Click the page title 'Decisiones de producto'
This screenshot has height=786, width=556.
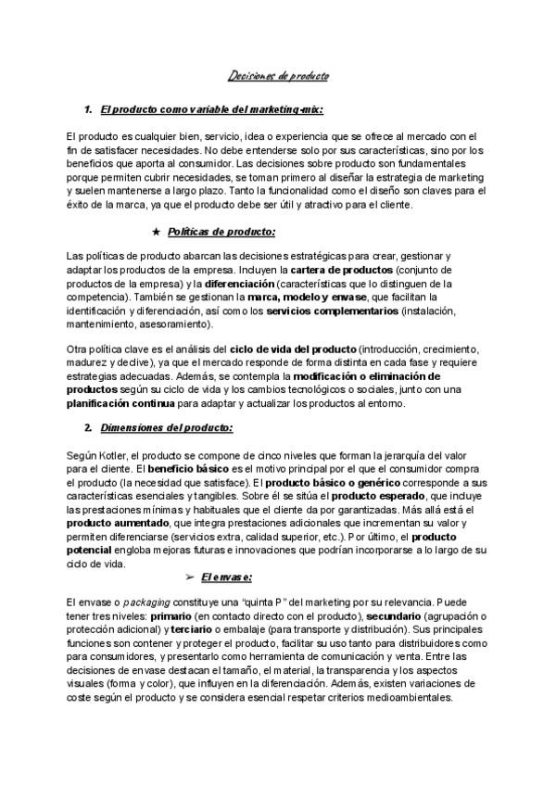point(278,77)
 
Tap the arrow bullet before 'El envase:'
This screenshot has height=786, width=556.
point(189,577)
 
